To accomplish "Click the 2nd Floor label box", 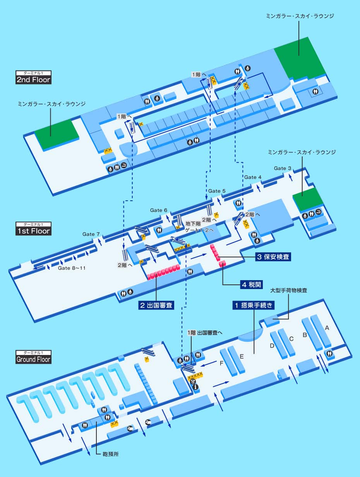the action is (x=33, y=77).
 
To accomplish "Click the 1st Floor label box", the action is (x=33, y=229).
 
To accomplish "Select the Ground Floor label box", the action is (x=33, y=357).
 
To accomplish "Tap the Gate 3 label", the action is (x=282, y=168).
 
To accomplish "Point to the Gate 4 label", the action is (x=253, y=177).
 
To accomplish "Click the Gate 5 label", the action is (x=217, y=191).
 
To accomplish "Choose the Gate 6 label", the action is (x=159, y=210).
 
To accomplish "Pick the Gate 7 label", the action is (x=91, y=234).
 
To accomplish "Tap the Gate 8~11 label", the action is (x=72, y=268).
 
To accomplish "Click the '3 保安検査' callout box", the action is (x=273, y=257).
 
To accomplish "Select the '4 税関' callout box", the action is (x=252, y=284).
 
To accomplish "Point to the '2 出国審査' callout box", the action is (x=156, y=305).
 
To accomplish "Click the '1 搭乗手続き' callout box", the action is (x=254, y=305).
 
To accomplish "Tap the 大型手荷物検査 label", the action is (x=289, y=290).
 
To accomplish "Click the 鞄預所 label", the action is (x=110, y=454).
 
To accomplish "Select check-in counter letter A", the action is (x=327, y=328).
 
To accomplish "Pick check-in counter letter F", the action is (x=221, y=363).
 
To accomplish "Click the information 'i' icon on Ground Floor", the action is (x=196, y=387).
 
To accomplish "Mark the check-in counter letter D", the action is (x=272, y=346).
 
